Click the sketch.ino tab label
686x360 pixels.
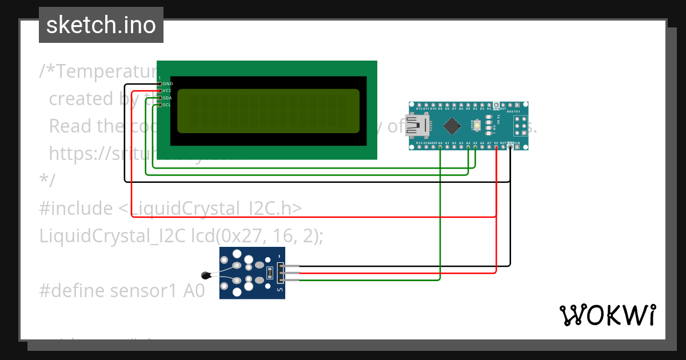point(101,25)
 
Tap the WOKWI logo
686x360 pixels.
point(607,315)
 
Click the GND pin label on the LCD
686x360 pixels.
point(167,84)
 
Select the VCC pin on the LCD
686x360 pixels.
point(160,91)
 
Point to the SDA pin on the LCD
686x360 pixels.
point(160,98)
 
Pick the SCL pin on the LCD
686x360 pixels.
point(160,105)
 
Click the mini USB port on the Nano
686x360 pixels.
point(416,126)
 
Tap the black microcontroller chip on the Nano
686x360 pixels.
point(452,126)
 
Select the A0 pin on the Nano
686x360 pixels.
point(440,147)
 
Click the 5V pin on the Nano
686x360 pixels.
point(496,147)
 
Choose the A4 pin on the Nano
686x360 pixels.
point(468,147)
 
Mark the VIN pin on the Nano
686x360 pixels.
point(517,147)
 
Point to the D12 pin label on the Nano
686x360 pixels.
point(420,108)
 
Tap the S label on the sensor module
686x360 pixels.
point(280,290)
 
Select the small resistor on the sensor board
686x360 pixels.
point(269,273)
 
